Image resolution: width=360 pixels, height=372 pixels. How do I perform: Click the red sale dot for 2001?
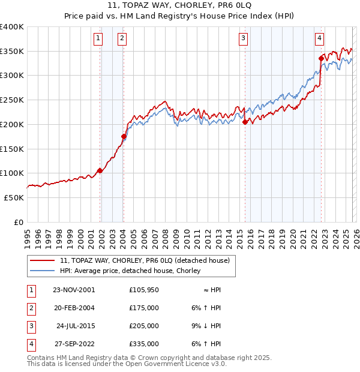(100, 170)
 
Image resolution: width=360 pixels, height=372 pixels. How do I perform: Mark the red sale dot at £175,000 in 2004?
(124, 137)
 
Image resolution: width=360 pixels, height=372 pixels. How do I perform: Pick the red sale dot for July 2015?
(245, 122)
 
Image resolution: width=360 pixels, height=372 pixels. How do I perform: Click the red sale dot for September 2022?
(321, 59)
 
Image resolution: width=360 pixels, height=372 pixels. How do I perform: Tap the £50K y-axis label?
(14, 197)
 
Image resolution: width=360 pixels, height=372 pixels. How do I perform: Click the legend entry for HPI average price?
(133, 271)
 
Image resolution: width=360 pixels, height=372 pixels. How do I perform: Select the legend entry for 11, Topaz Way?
(145, 260)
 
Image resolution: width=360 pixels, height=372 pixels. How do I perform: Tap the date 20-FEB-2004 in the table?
(74, 307)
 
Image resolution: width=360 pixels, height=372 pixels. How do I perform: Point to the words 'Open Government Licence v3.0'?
(179, 364)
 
